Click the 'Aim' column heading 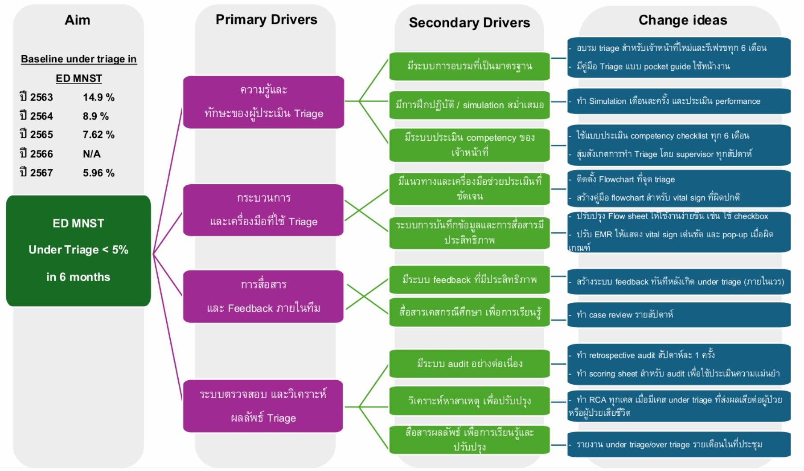pos(78,20)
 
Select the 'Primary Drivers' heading pos(266,20)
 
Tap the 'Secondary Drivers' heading pos(469,23)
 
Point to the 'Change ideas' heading pos(682,20)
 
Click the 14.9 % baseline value pos(98,97)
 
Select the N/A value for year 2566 pos(92,154)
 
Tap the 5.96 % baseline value pos(98,173)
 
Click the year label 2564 pos(37,116)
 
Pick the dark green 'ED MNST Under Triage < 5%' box pos(78,250)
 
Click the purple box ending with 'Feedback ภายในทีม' pos(263,296)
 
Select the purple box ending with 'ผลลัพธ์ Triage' pos(263,406)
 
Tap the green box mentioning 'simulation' pos(469,105)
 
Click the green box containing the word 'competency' pos(469,145)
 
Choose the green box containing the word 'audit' pos(469,364)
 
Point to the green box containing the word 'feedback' pos(469,280)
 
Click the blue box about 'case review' pos(679,315)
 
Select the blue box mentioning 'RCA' pos(679,406)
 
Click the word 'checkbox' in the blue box pos(751,216)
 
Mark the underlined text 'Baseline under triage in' pos(79,59)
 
